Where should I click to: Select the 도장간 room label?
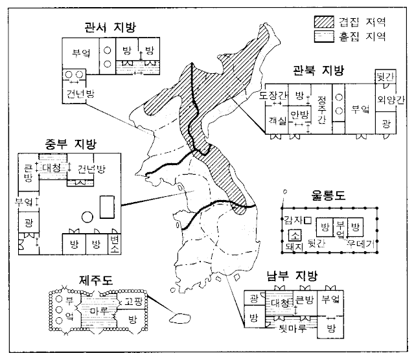pos(272,96)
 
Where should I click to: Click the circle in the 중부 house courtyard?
pos(86,217)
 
